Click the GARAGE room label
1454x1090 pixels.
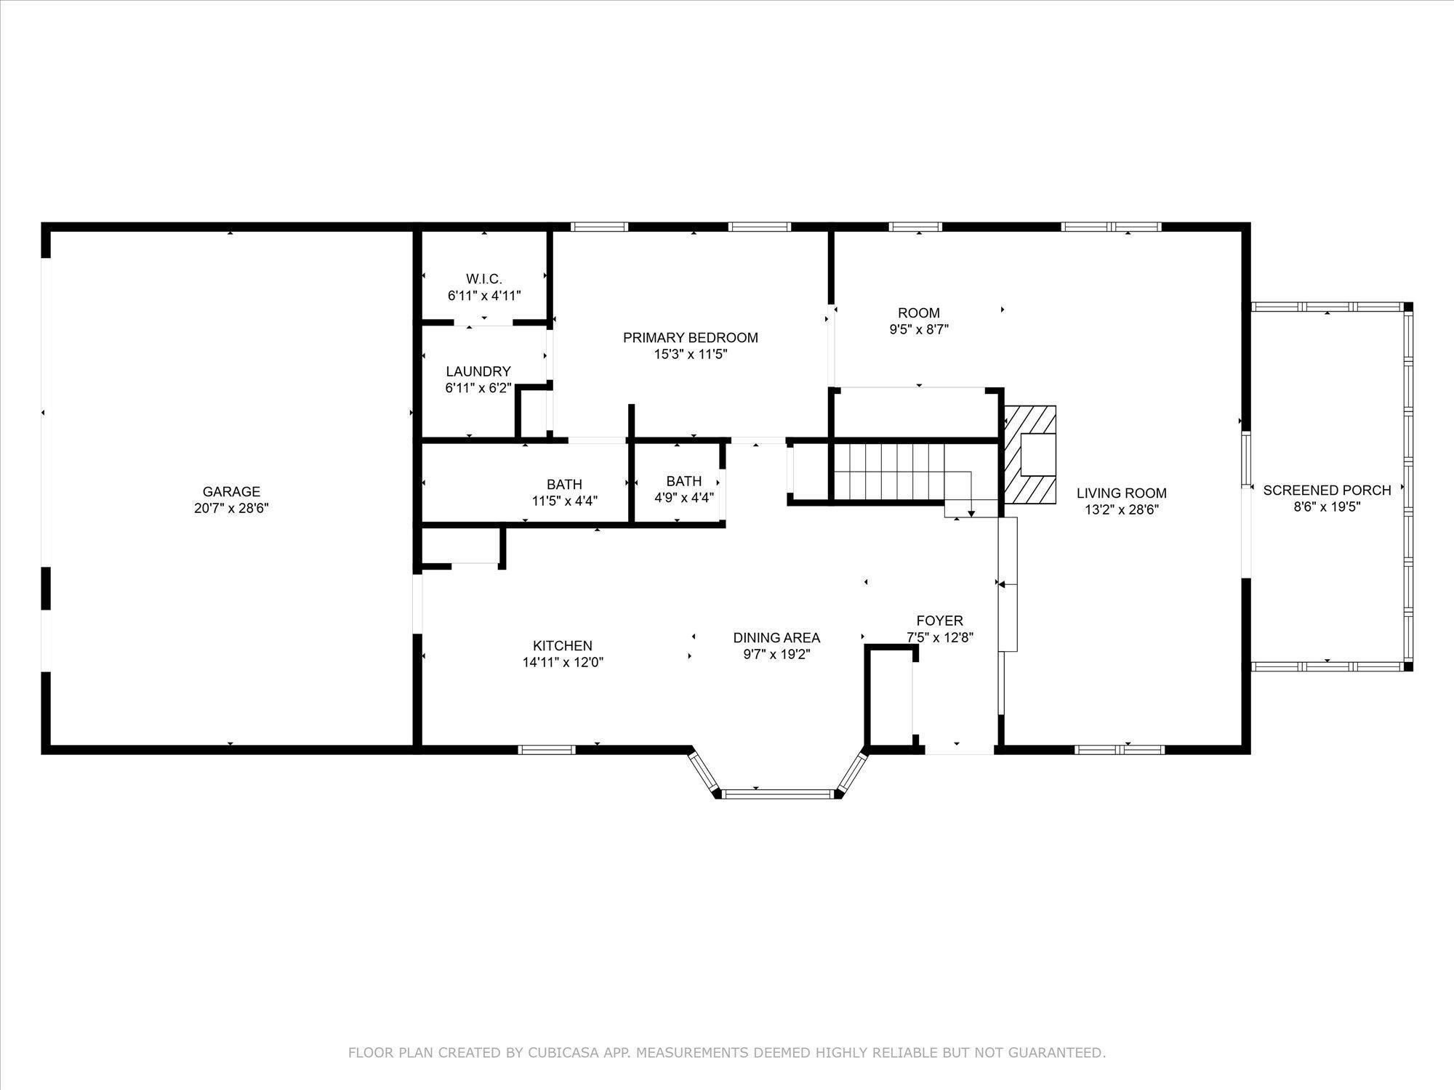(x=231, y=492)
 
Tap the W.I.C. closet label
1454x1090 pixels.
(x=483, y=279)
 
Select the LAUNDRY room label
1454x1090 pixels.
(x=478, y=371)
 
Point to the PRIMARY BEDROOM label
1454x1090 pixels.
(x=690, y=338)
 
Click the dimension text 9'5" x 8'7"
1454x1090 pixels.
(x=919, y=329)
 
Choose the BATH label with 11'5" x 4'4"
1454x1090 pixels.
(x=564, y=485)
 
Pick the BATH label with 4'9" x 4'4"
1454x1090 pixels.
(x=683, y=481)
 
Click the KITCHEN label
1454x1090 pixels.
(x=562, y=645)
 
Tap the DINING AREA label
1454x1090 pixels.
(x=776, y=637)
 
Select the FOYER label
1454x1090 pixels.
(x=939, y=621)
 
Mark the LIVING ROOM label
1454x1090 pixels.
(x=1121, y=493)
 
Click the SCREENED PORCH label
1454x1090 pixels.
(x=1327, y=490)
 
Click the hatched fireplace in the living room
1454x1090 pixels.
(x=1030, y=454)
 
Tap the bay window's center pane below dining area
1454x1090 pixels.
(x=778, y=794)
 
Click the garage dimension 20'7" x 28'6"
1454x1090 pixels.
(x=231, y=509)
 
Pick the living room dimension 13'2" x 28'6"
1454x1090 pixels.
(x=1121, y=510)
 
